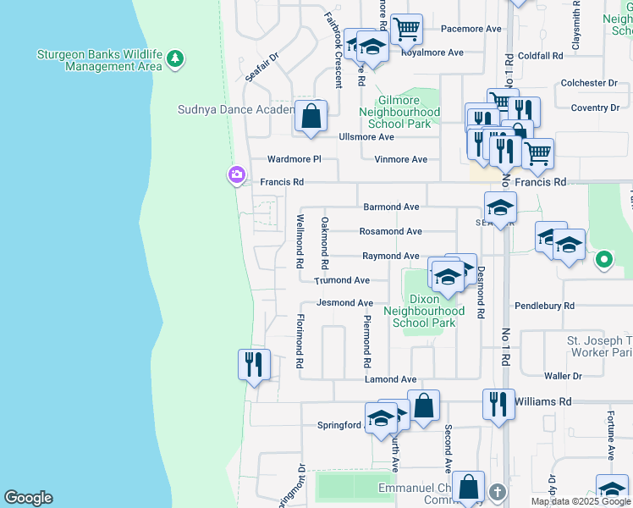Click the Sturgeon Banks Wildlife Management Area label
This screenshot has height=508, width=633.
99,60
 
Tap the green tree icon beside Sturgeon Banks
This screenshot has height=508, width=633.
174,59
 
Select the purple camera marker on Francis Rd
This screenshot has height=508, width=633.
236,176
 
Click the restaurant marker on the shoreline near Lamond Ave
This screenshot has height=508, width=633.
254,365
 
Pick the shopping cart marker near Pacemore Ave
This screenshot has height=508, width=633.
407,29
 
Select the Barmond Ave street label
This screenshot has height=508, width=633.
391,207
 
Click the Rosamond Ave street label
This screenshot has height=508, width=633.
390,231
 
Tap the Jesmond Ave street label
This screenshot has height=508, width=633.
344,303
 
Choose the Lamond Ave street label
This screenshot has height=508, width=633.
390,379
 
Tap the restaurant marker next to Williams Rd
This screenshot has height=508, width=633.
498,404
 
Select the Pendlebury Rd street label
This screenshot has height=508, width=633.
544,305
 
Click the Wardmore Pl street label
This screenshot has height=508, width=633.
294,159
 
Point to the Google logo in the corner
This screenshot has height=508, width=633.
28,498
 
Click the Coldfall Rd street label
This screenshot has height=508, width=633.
541,56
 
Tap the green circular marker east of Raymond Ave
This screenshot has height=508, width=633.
604,260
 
